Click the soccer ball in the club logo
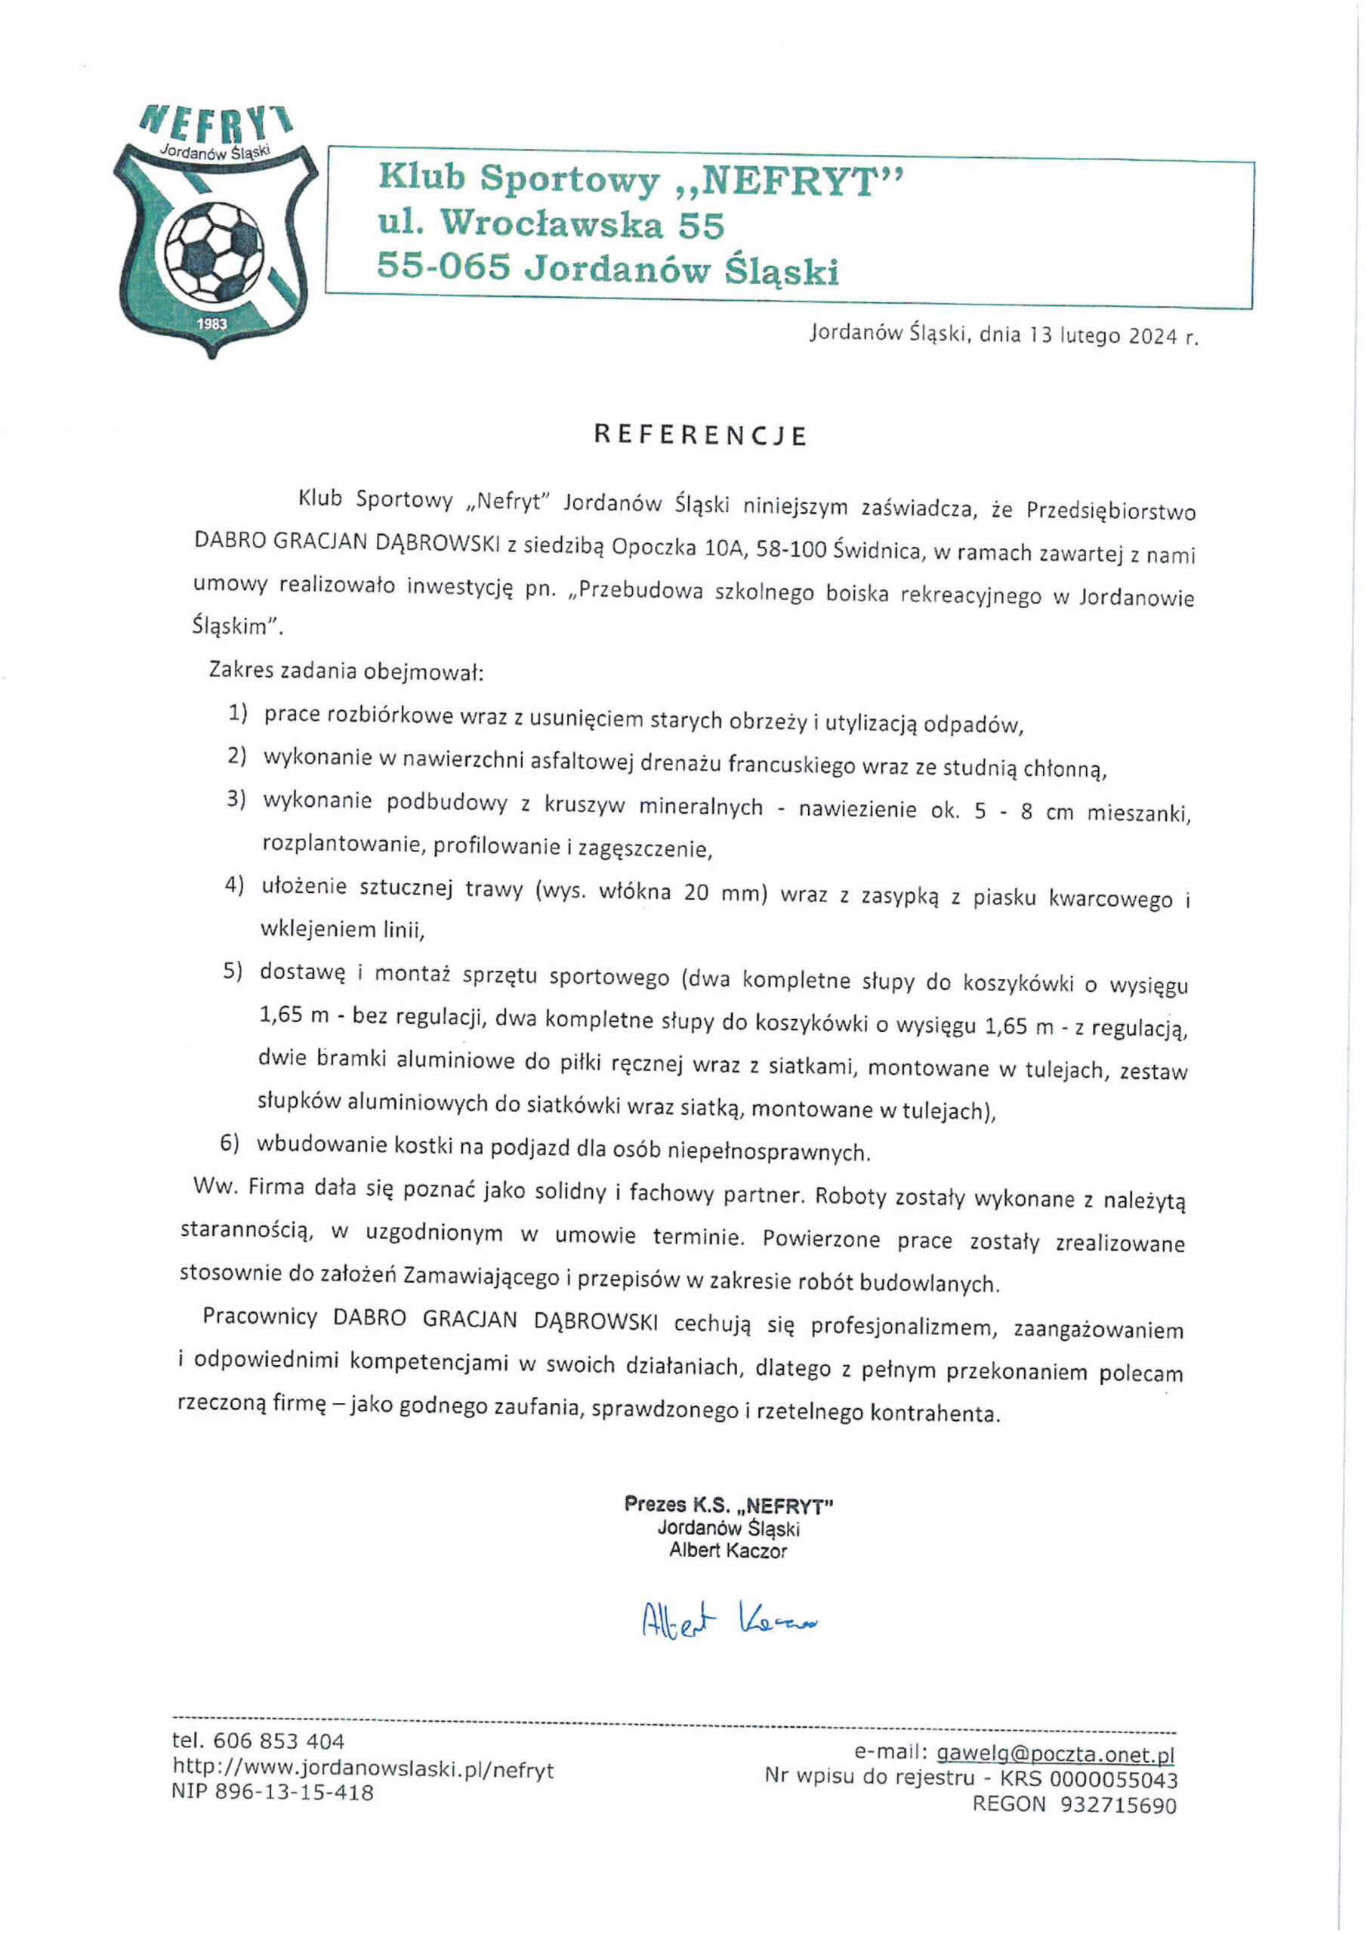212,249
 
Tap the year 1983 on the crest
211,323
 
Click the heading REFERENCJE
700,434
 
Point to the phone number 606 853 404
279,1741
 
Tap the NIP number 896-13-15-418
294,1793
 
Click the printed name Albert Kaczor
728,1550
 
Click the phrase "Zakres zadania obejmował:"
345,672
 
